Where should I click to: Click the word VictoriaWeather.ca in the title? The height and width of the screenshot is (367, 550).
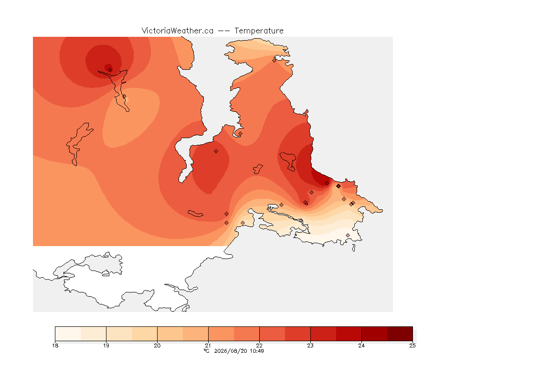pyautogui.click(x=178, y=31)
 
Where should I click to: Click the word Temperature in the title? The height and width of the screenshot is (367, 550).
pyautogui.click(x=259, y=31)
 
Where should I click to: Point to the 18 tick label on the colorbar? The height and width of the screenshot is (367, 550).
pyautogui.click(x=55, y=345)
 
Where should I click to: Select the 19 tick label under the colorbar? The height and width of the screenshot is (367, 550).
pyautogui.click(x=106, y=345)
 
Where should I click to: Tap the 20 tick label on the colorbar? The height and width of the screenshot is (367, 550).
pyautogui.click(x=157, y=345)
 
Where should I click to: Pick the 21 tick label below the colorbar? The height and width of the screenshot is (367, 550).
pyautogui.click(x=208, y=345)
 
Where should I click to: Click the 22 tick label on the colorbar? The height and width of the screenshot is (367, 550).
pyautogui.click(x=259, y=345)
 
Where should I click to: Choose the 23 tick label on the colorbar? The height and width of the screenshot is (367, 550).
pyautogui.click(x=310, y=345)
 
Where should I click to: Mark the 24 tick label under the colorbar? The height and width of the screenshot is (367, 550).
pyautogui.click(x=361, y=345)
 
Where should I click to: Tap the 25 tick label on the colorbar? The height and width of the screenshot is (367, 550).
pyautogui.click(x=412, y=345)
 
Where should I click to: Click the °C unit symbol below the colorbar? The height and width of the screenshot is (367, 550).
pyautogui.click(x=207, y=351)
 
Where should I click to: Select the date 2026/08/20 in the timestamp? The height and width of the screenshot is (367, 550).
pyautogui.click(x=231, y=351)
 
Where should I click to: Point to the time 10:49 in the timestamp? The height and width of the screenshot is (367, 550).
pyautogui.click(x=257, y=351)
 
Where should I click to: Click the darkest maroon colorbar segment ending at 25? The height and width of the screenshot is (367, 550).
pyautogui.click(x=400, y=334)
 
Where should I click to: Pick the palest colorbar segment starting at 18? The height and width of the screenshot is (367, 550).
pyautogui.click(x=68, y=334)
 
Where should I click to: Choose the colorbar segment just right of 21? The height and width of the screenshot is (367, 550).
pyautogui.click(x=221, y=334)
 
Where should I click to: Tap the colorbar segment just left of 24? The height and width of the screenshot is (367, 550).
pyautogui.click(x=349, y=334)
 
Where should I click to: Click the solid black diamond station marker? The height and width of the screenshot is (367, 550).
pyautogui.click(x=338, y=186)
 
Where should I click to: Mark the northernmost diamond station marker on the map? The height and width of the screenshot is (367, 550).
pyautogui.click(x=275, y=60)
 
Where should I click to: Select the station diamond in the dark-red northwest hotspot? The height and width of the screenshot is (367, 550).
pyautogui.click(x=110, y=70)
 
